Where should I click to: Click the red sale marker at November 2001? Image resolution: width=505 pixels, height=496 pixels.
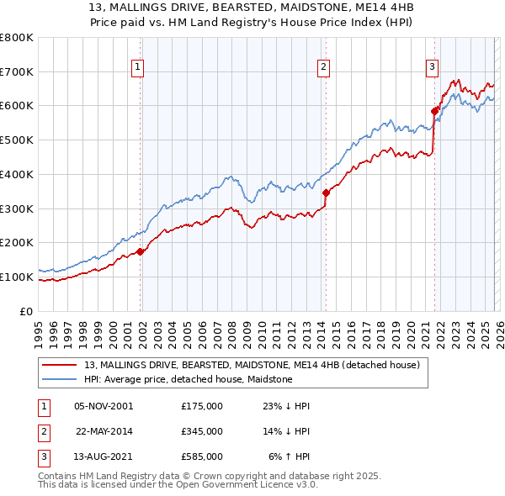tap(141, 251)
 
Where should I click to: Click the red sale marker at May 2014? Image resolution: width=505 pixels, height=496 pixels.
tap(326, 193)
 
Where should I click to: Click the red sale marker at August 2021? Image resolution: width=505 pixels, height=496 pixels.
tap(435, 110)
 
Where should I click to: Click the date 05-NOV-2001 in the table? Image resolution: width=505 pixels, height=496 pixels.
tap(104, 406)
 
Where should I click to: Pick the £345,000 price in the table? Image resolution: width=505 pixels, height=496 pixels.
tap(201, 431)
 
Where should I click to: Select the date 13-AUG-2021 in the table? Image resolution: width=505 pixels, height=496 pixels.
tap(104, 456)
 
